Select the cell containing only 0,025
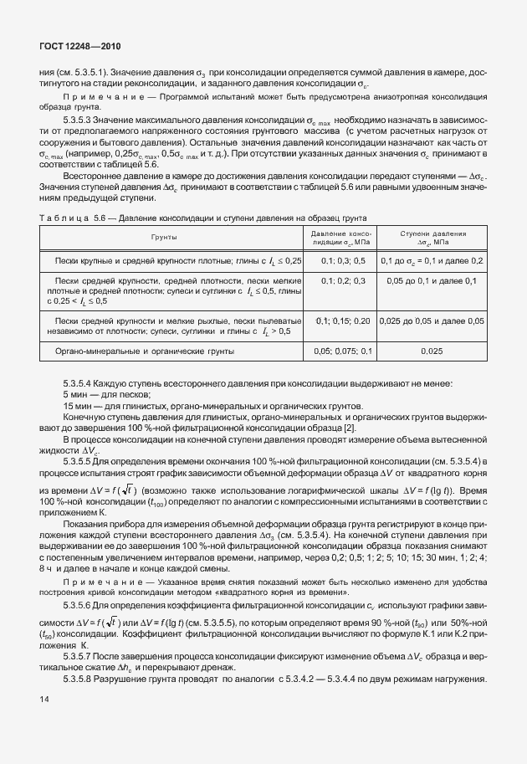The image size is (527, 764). [x=432, y=352]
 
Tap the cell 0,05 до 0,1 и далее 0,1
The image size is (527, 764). [x=432, y=282]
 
